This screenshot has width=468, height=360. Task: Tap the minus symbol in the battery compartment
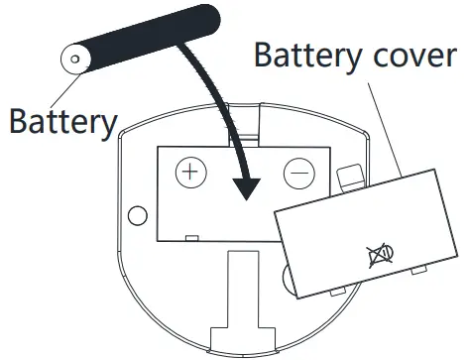click(298, 174)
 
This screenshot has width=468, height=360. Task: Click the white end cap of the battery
click(75, 60)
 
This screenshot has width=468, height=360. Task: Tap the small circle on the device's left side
click(139, 214)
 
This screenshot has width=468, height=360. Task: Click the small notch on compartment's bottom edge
click(190, 238)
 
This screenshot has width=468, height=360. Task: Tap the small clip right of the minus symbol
click(348, 177)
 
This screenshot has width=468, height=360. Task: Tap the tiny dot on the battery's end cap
click(73, 60)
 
